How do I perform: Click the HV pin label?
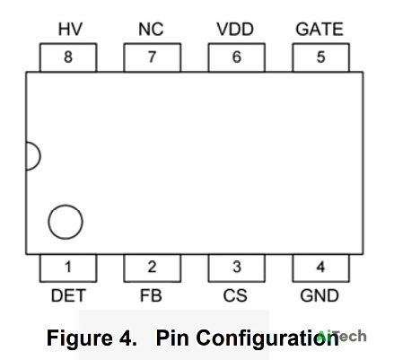pyautogui.click(x=70, y=29)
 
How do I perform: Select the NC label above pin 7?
pyautogui.click(x=151, y=29)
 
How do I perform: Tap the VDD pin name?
pyautogui.click(x=235, y=29)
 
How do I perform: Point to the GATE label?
pyautogui.click(x=320, y=29)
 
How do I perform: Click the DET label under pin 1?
pyautogui.click(x=68, y=295)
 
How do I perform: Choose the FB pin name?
pyautogui.click(x=151, y=295)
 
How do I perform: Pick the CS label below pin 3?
pyautogui.click(x=235, y=295)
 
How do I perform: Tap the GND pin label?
pyautogui.click(x=320, y=295)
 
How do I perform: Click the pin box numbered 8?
pyautogui.click(x=68, y=57)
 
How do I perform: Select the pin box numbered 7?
pyautogui.click(x=153, y=57)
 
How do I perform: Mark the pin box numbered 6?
pyautogui.click(x=237, y=57)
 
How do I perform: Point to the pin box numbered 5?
pyautogui.click(x=321, y=57)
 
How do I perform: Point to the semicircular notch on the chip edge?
pyautogui.click(x=40, y=156)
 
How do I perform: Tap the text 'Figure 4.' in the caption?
pyautogui.click(x=92, y=338)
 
